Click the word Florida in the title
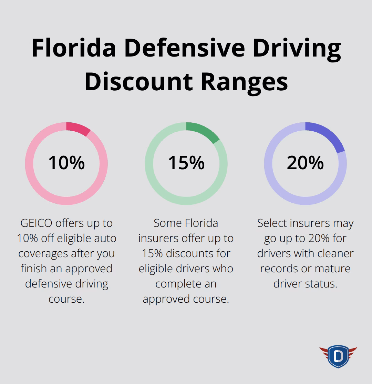tap(73, 49)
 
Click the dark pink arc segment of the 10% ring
tap(79, 129)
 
